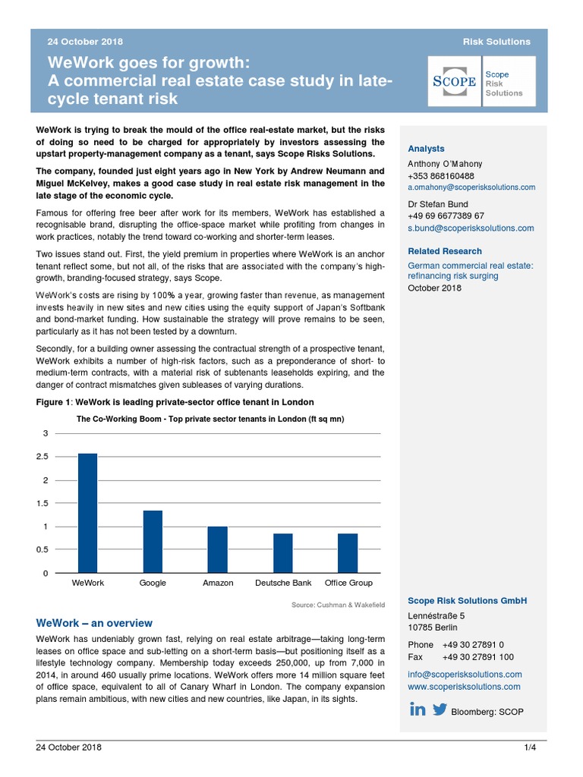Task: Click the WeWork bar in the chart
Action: tap(88, 513)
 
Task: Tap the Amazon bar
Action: tap(218, 549)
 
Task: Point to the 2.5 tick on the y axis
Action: tap(43, 457)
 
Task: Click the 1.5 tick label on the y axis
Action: tap(43, 504)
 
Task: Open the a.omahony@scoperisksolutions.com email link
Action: tap(471, 187)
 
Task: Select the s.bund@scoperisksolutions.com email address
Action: tap(471, 228)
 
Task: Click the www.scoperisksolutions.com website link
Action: tap(464, 687)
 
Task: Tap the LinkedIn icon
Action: tap(418, 709)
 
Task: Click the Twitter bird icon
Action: tap(440, 709)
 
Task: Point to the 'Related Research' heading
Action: tap(445, 251)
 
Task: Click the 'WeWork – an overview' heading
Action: tap(94, 623)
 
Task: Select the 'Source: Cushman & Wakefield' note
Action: tap(338, 605)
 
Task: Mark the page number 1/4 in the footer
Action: tap(530, 747)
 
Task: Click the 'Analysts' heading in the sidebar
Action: tap(426, 149)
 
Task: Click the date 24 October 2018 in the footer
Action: tap(69, 747)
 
